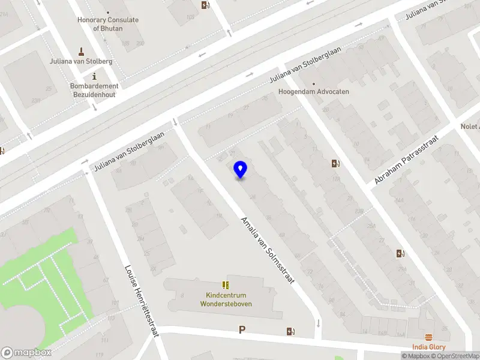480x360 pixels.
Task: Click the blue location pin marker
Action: click(240, 170)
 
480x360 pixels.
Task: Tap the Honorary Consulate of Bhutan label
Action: click(108, 23)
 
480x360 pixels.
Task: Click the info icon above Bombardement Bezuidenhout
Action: click(94, 76)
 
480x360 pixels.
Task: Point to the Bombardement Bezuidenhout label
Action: click(94, 90)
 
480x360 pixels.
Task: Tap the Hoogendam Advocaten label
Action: click(313, 92)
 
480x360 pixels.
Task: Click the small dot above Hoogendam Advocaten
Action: click(313, 83)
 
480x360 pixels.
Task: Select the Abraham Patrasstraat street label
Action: click(406, 160)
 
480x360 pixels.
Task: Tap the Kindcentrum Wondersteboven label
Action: click(226, 299)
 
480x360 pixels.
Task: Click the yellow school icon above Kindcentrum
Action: click(226, 285)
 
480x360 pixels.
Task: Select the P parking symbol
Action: click(242, 329)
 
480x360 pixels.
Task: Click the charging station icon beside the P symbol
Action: click(291, 331)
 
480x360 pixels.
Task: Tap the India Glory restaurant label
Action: click(428, 347)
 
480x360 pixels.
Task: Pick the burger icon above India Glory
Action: click(428, 338)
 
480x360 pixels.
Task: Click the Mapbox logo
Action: click(26, 353)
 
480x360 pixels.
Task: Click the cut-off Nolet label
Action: click(470, 127)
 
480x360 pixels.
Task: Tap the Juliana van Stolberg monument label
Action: click(82, 61)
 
